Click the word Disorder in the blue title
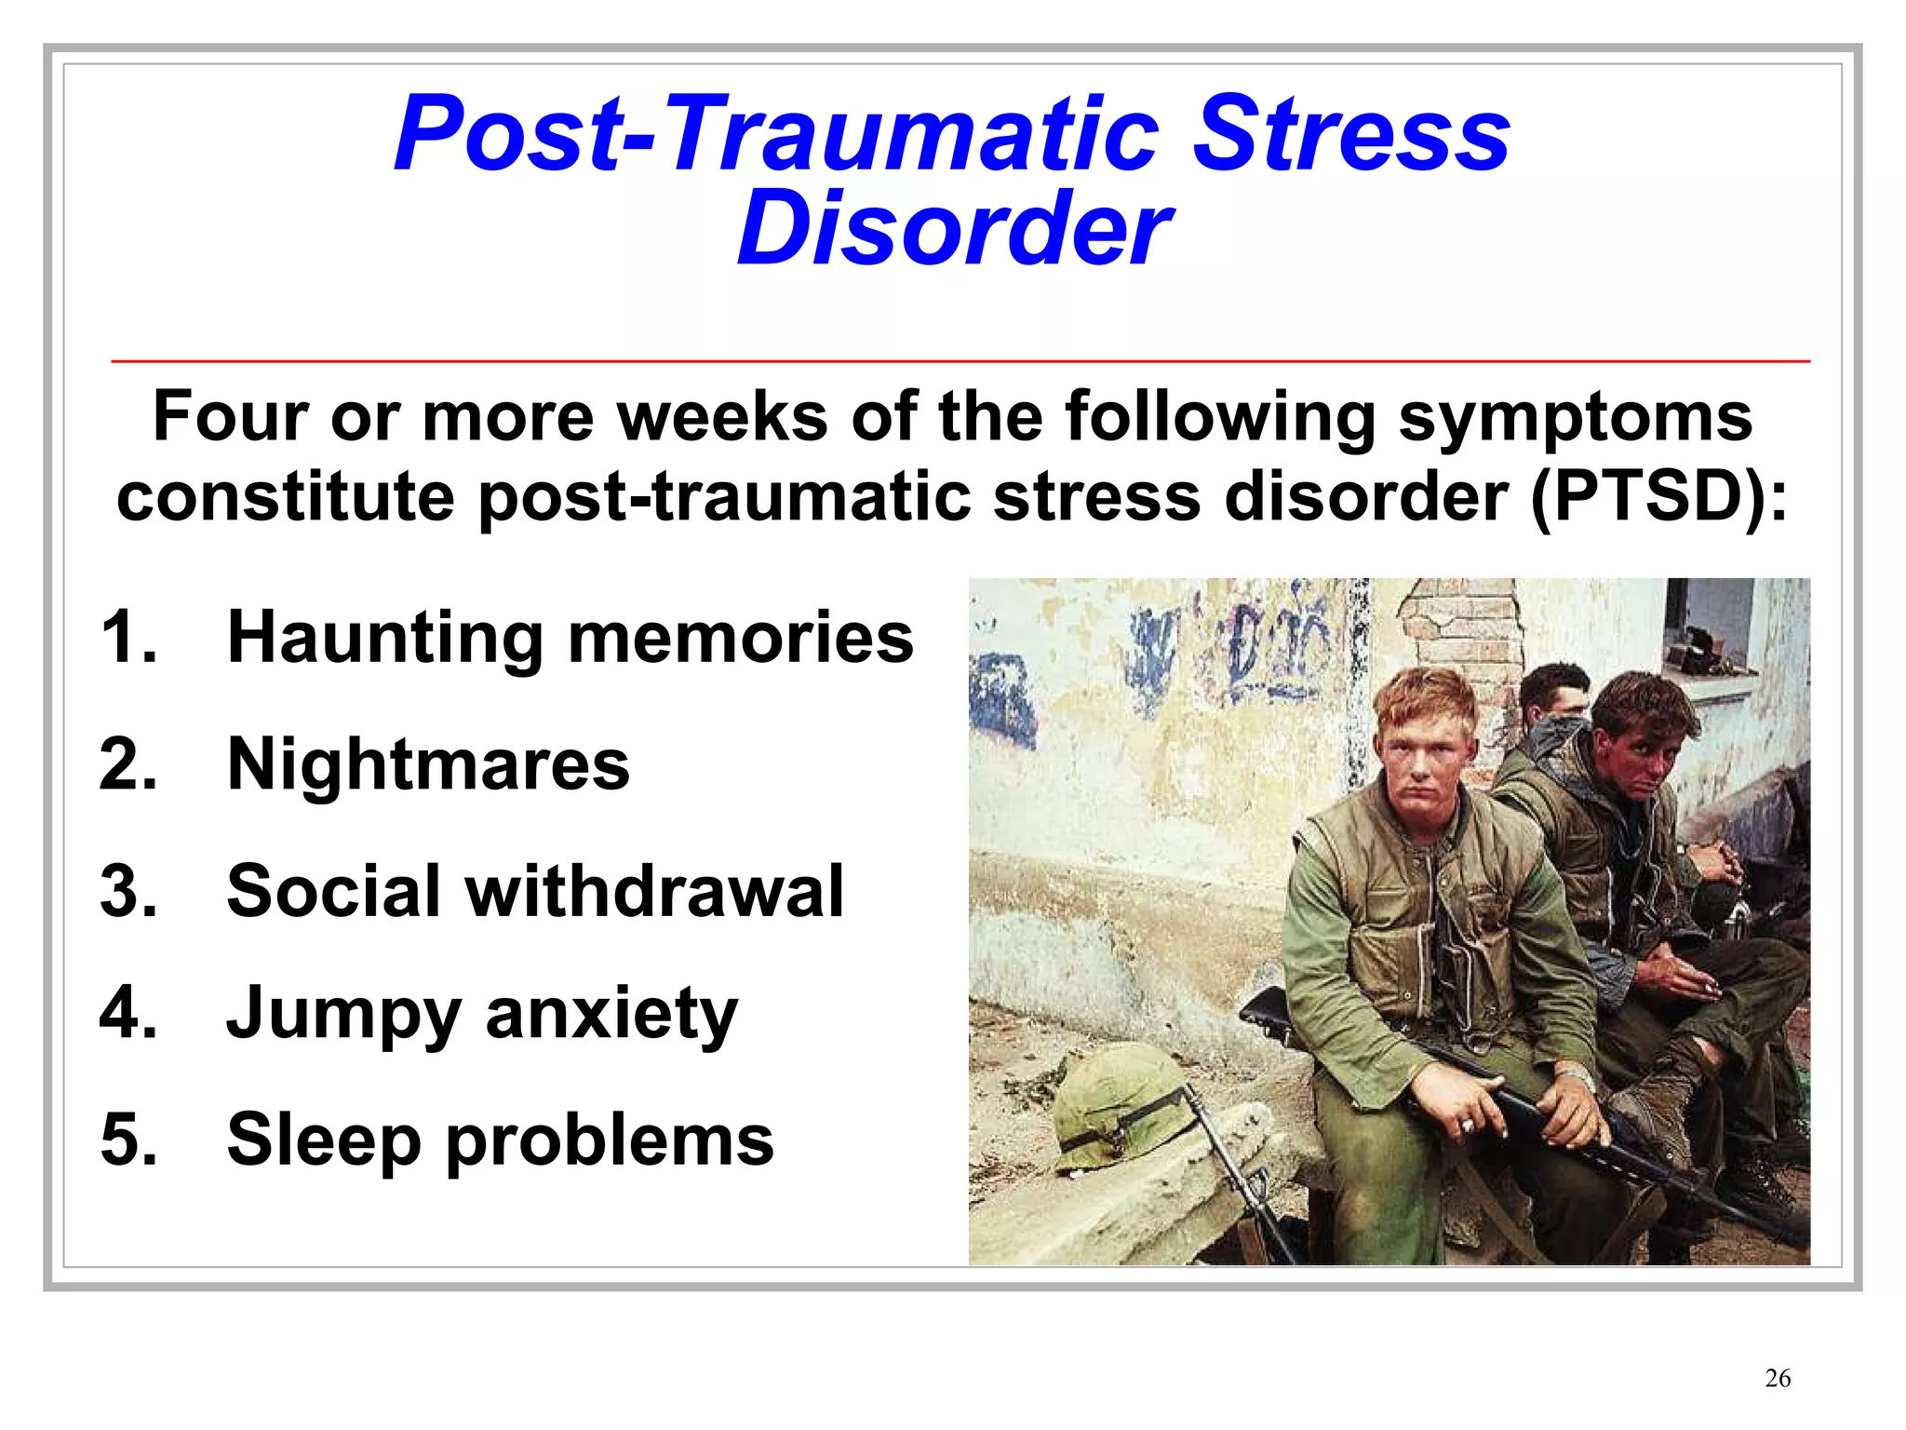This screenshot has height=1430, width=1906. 953,229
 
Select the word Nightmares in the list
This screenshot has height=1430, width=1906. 428,764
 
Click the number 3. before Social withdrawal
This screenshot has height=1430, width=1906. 128,891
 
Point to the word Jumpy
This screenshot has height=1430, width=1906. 343,1015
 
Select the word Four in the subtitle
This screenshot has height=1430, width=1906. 230,416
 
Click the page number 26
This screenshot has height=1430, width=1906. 1777,1378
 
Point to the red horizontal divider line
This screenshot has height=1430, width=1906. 959,360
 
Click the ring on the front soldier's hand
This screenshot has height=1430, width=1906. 1468,1126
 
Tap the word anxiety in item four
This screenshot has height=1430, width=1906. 611,1015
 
